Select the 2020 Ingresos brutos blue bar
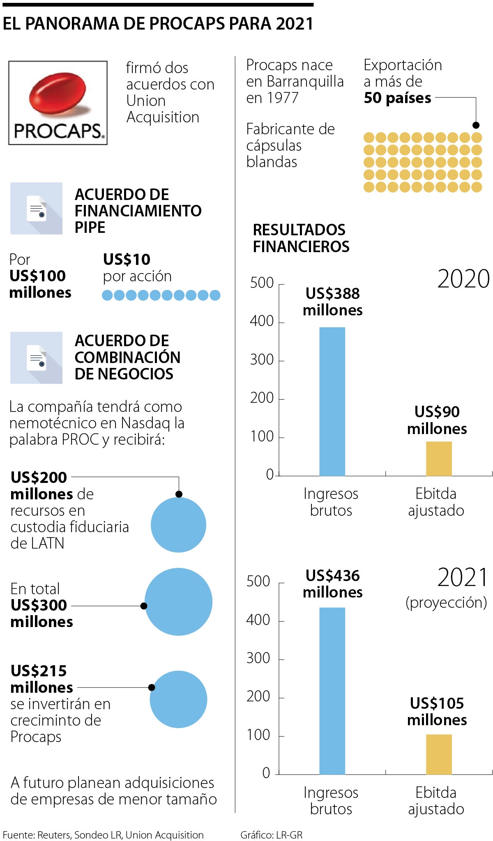(332, 401)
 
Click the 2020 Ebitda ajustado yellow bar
(438, 459)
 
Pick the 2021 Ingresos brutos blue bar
(332, 691)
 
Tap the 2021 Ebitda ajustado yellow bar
(438, 754)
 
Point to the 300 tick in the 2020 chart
(262, 360)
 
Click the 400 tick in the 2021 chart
(258, 620)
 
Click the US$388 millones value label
(332, 302)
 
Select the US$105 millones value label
(437, 712)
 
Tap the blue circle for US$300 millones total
(178, 602)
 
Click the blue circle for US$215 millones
(178, 699)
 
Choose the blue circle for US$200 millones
(178, 525)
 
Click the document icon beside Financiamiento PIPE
(37, 209)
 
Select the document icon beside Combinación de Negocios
(37, 358)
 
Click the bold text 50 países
(397, 98)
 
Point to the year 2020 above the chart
(463, 279)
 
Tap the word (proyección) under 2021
(446, 602)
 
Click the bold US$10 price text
(127, 260)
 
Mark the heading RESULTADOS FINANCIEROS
(301, 238)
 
